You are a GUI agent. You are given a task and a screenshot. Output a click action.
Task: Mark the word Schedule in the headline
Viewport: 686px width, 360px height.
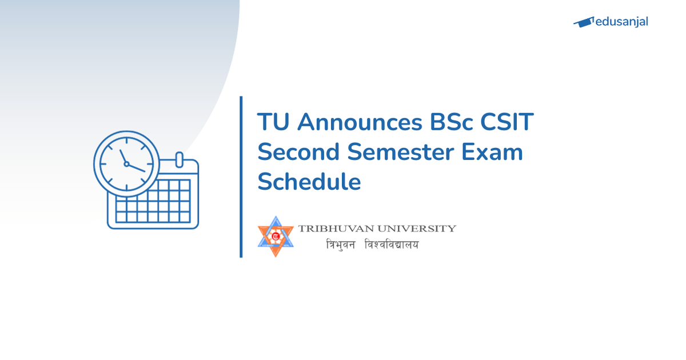309,182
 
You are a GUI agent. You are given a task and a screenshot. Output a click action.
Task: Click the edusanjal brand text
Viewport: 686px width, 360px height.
622,22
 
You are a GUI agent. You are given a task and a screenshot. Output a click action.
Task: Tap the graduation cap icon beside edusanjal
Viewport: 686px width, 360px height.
583,22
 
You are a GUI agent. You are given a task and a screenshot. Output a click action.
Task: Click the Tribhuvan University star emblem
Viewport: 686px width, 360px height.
276,236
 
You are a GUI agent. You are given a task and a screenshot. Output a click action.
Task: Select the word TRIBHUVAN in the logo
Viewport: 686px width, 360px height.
334,229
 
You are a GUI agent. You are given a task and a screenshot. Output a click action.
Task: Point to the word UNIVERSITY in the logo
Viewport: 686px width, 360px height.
416,229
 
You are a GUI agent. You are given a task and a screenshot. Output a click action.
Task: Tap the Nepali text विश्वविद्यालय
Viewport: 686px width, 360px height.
392,245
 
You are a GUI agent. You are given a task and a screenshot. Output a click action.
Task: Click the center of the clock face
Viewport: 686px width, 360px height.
126,163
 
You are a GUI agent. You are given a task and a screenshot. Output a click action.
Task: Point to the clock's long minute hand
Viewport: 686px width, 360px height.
137,167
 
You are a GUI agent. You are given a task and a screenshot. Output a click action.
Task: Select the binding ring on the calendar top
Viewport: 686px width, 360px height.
178,159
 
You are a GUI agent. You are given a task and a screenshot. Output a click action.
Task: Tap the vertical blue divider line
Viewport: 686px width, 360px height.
241,177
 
